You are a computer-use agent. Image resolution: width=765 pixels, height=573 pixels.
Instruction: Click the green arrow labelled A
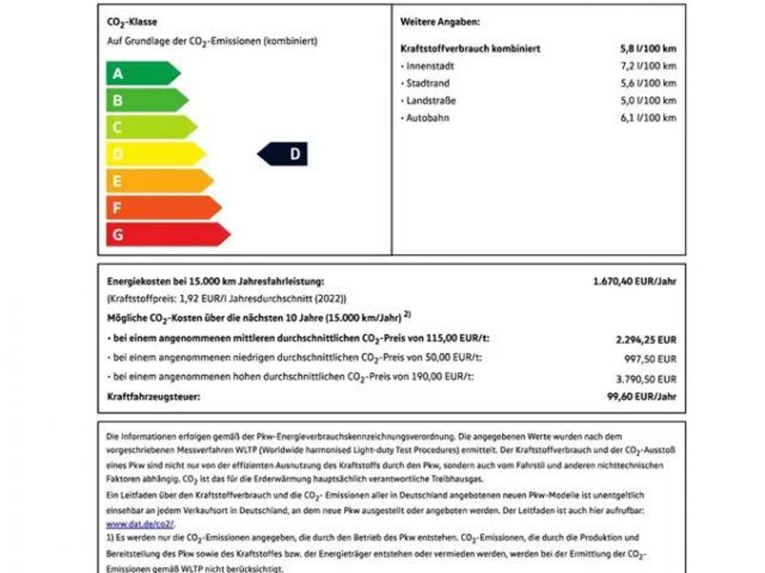point(142,73)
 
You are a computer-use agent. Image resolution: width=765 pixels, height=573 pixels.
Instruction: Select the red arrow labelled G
point(167,234)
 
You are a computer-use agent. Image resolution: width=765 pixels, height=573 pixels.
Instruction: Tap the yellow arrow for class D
point(154,154)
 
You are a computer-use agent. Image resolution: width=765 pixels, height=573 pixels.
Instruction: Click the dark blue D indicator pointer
point(284,154)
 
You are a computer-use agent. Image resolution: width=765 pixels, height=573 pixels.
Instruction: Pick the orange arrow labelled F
point(162,207)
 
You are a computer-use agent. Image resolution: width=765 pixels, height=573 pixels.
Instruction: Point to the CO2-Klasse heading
point(132,23)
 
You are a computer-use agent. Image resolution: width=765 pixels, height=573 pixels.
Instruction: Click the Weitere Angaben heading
point(439,22)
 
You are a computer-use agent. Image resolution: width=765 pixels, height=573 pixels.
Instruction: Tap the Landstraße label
point(430,101)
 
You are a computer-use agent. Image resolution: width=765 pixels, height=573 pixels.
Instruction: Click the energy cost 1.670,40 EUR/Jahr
point(634,281)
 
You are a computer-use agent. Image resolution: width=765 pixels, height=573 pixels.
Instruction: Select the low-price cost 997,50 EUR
point(655,359)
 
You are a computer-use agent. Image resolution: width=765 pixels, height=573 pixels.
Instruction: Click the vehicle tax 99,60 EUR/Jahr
point(641,397)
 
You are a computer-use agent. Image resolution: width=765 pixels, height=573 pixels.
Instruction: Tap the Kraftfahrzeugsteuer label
point(153,397)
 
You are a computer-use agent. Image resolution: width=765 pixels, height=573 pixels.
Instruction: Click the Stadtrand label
point(427,84)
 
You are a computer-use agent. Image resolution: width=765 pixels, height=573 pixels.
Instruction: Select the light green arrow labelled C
point(149,127)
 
